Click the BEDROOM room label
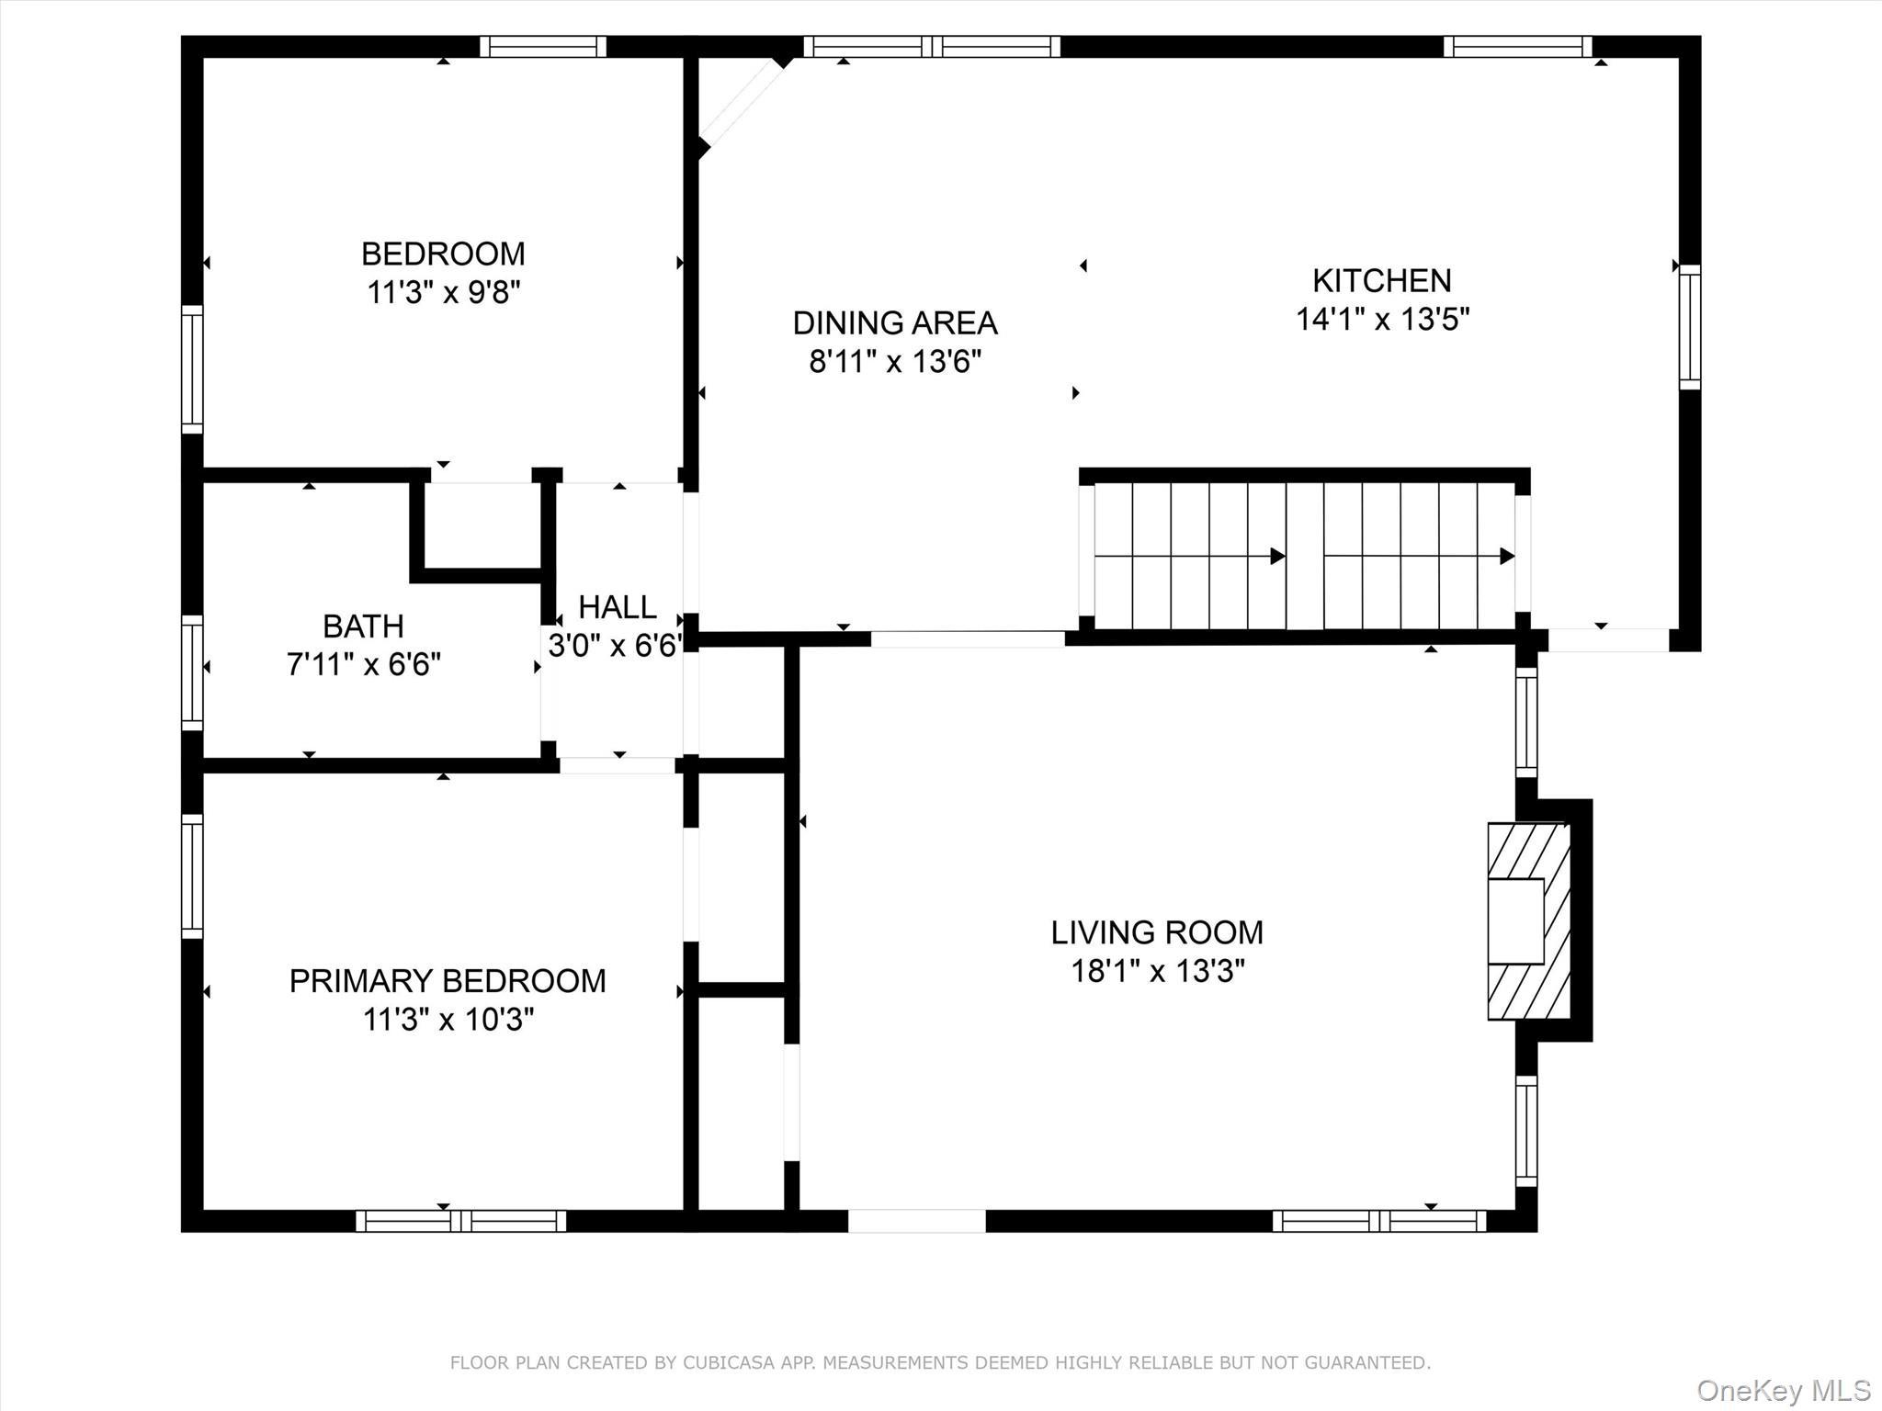(443, 254)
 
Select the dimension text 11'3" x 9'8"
(444, 293)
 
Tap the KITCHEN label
(1381, 280)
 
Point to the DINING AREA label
(894, 322)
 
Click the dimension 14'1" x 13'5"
(1382, 320)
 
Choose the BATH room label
(363, 626)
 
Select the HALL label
(617, 607)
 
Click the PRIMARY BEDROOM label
(448, 981)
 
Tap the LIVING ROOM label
(1157, 932)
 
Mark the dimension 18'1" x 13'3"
(1157, 971)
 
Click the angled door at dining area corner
(743, 103)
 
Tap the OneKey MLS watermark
(1784, 1390)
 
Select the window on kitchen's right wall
(1689, 327)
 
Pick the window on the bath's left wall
(191, 672)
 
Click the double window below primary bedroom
(460, 1221)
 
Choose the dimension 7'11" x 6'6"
(364, 664)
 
